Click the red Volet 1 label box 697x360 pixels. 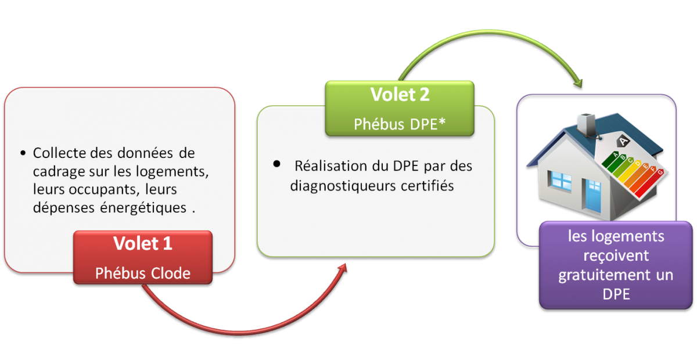pyautogui.click(x=143, y=257)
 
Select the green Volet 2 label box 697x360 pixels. pyautogui.click(x=400, y=108)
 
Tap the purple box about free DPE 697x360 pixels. pyautogui.click(x=616, y=265)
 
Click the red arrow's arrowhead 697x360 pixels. pyautogui.click(x=343, y=268)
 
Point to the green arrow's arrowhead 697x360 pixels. pyautogui.click(x=579, y=83)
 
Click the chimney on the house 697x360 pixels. pyautogui.click(x=587, y=124)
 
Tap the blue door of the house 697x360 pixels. pyautogui.click(x=594, y=196)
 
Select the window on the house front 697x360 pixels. pyautogui.click(x=561, y=181)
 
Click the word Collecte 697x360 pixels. pyautogui.click(x=60, y=153)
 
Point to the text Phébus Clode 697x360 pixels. pyautogui.click(x=143, y=273)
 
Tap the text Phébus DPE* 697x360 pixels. pyautogui.click(x=400, y=124)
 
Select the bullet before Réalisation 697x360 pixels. pyautogui.click(x=276, y=164)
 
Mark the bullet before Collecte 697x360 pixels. pyautogui.click(x=23, y=153)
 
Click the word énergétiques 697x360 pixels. pyautogui.click(x=143, y=207)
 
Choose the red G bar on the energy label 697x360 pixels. pyautogui.click(x=651, y=183)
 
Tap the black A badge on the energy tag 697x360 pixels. pyautogui.click(x=623, y=141)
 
